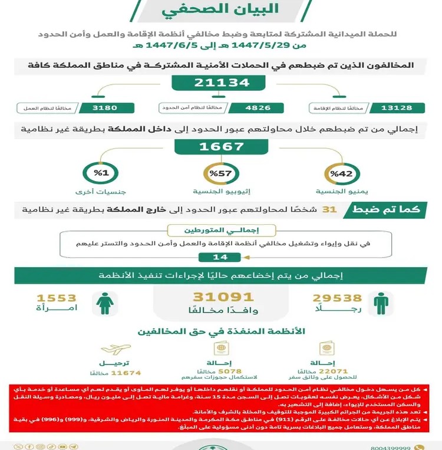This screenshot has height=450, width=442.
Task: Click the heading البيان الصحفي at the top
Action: click(220, 11)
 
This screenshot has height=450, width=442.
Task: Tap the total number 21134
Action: click(220, 83)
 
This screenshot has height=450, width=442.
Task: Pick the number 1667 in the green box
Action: click(220, 147)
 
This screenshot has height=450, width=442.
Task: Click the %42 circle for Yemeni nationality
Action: click(340, 173)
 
